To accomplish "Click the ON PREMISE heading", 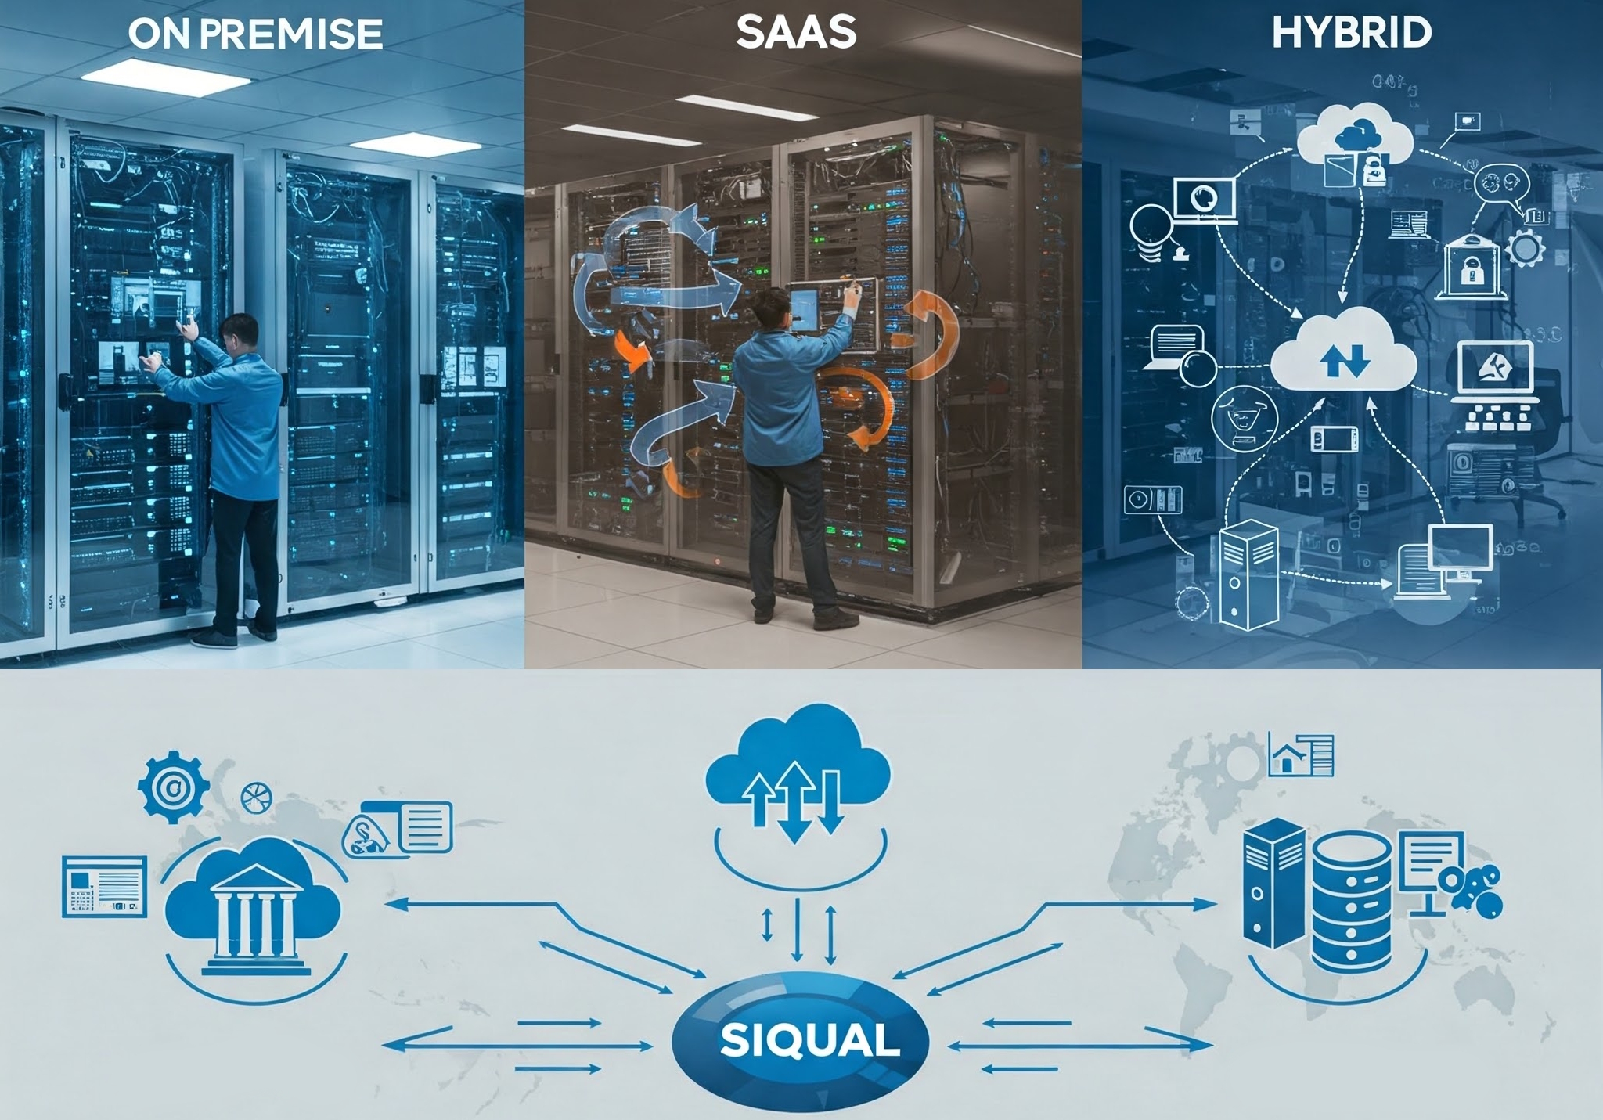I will click(255, 34).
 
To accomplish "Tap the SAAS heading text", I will click(796, 33).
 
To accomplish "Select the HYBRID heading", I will click(1352, 33).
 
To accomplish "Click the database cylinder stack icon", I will click(1352, 900).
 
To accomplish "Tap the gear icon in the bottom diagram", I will click(173, 787).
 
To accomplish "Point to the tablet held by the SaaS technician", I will click(805, 308).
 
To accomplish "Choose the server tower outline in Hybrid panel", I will click(1248, 575).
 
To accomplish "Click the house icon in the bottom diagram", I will click(1284, 757).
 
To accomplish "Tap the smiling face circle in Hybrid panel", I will click(1244, 417).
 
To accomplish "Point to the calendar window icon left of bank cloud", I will click(104, 886).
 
